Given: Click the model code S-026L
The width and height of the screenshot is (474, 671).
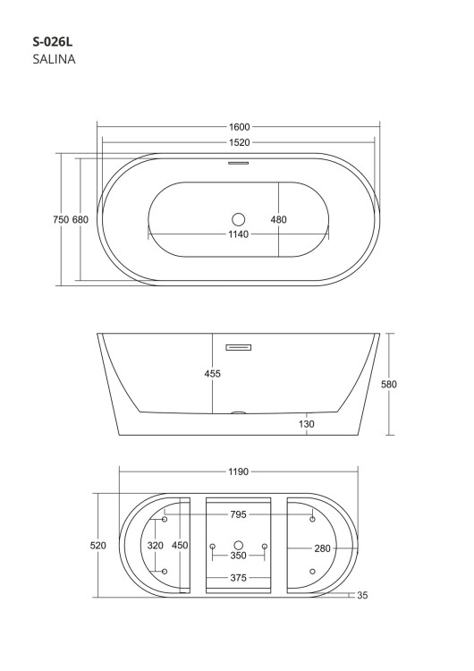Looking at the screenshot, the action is pos(53,42).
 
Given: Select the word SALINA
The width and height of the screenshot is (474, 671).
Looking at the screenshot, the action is pos(54,59).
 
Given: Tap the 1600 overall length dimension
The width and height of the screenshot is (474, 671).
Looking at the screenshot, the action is pos(239,127).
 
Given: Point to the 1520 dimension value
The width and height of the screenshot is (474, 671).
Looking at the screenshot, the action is pos(239,142).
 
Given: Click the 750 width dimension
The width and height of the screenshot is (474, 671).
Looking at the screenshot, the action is pos(61,219).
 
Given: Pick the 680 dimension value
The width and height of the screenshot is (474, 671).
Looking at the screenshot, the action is pos(80,219).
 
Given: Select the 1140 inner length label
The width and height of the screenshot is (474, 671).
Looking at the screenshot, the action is pos(238,234).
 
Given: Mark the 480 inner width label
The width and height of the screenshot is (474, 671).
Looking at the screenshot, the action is pos(278,219).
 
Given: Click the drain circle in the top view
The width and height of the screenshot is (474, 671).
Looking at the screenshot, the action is pos(238,219).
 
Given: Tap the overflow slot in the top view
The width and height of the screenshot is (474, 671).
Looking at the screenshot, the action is pos(238,163).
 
